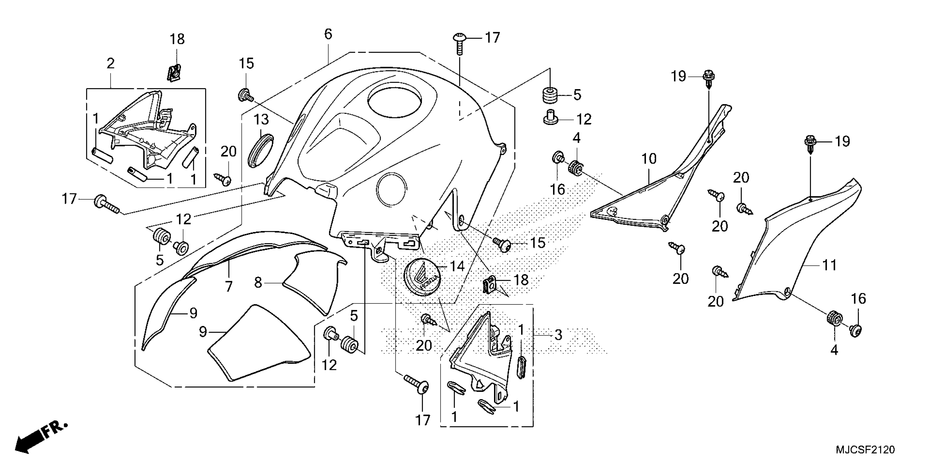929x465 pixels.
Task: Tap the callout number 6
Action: [328, 34]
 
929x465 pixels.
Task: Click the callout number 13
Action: [261, 119]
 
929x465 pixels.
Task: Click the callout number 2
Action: [110, 63]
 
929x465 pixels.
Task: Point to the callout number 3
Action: [558, 335]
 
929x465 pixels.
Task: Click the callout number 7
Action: [229, 286]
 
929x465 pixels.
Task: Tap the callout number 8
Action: [258, 282]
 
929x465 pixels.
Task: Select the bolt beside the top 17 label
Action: [460, 43]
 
